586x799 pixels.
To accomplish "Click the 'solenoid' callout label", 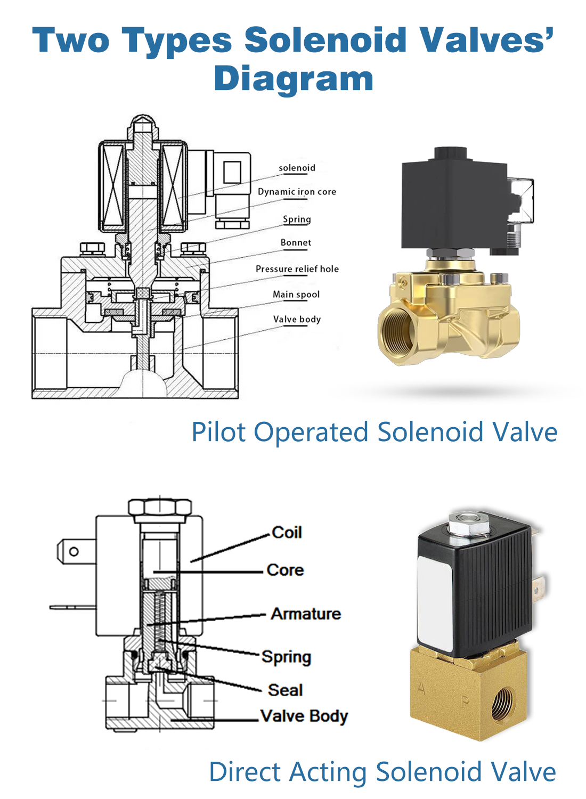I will click(x=297, y=168).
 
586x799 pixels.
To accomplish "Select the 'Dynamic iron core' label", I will click(x=297, y=192).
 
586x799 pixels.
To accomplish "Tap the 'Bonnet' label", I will click(x=296, y=243).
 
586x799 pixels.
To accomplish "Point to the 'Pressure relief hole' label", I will click(x=297, y=269).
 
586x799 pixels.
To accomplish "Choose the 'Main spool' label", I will click(x=296, y=295).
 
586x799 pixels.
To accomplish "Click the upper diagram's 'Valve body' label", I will click(x=297, y=320).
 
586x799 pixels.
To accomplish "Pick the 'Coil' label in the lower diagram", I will click(x=287, y=533).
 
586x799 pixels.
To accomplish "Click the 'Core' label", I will click(x=285, y=570).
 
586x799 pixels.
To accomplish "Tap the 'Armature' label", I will click(x=306, y=614).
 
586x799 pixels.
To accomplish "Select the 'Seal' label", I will click(x=285, y=690).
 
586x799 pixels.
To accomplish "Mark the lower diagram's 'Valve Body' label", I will click(x=304, y=716).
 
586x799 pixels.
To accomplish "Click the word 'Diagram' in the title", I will click(x=294, y=79).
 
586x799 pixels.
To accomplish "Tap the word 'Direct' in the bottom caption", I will click(x=245, y=772).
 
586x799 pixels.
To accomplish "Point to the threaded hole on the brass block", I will click(x=502, y=704).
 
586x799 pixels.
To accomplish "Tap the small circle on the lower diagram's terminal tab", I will click(x=74, y=552).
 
